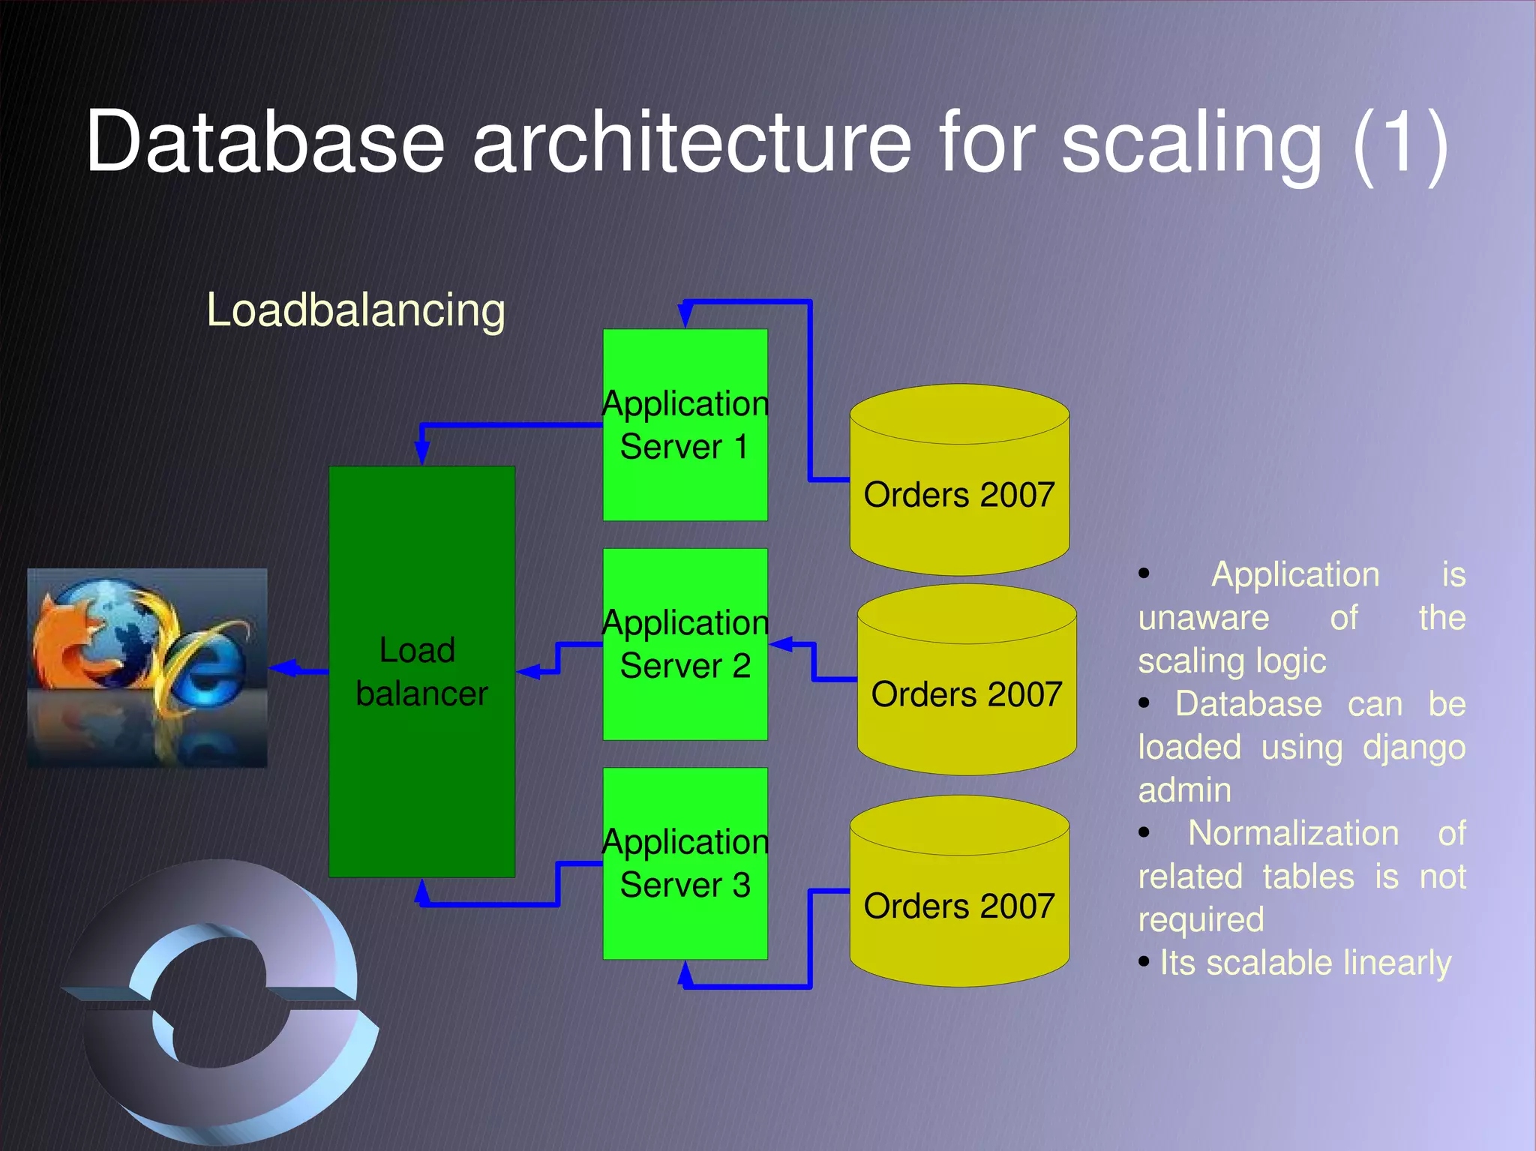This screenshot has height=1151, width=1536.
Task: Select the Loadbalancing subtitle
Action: [x=355, y=310]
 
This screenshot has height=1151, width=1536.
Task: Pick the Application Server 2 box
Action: [x=685, y=705]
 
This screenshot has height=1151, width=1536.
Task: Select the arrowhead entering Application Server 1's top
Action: [x=685, y=315]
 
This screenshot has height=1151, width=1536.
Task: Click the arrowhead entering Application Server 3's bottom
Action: [x=685, y=973]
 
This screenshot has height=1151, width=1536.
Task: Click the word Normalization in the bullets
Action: [x=1293, y=834]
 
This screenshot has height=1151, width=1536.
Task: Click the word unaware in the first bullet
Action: [x=1203, y=619]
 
